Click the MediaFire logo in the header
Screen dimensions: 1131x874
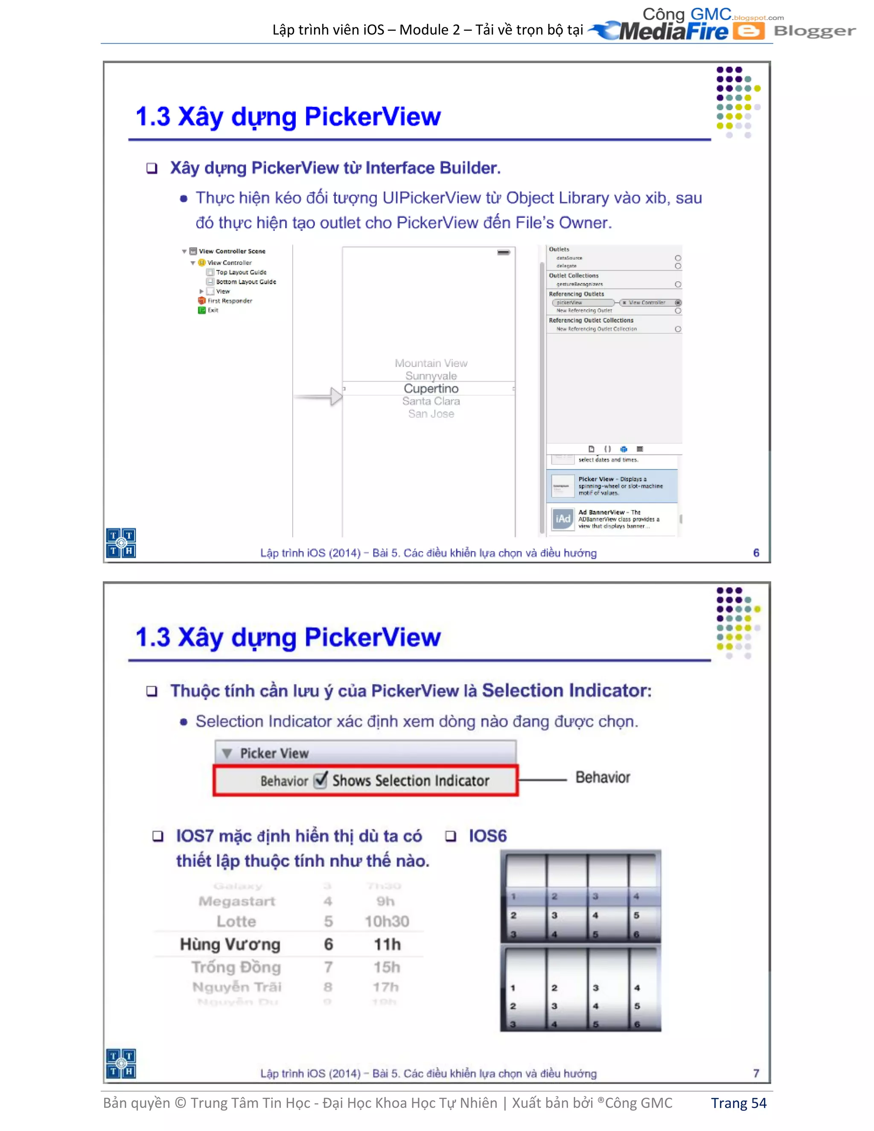673,31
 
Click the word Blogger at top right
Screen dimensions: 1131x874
814,31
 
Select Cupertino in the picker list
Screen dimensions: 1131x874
431,388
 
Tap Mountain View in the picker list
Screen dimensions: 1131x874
431,363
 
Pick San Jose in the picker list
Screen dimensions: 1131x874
431,414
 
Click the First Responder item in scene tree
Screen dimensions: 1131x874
229,300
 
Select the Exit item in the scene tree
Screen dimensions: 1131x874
213,310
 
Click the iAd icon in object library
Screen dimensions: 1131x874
563,519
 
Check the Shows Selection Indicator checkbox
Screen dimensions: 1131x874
321,780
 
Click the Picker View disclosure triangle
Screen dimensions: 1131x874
227,753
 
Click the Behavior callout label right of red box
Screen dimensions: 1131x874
602,777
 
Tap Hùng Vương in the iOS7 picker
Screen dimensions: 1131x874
230,944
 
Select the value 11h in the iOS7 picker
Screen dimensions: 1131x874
387,944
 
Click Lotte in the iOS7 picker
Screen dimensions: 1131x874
236,921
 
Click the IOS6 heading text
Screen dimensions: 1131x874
487,836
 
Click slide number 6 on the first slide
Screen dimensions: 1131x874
756,553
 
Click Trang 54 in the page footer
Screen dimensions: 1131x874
738,1103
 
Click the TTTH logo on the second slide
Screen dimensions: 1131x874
121,1063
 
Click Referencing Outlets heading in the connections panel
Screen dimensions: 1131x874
576,294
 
